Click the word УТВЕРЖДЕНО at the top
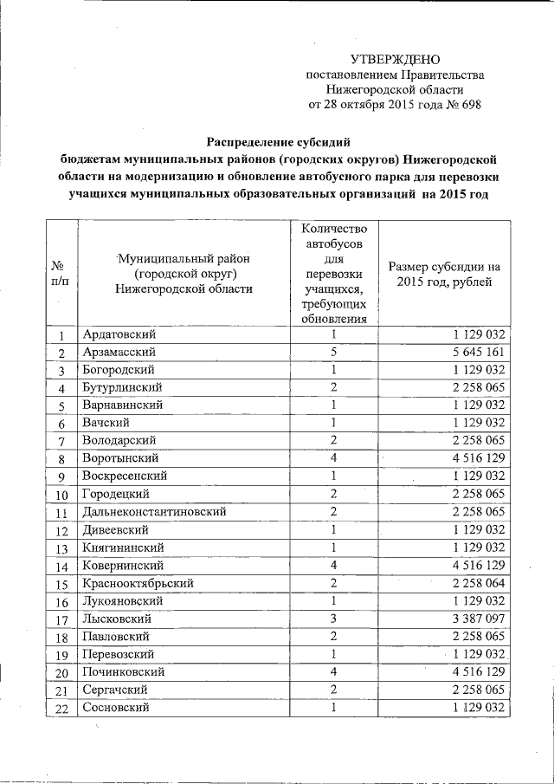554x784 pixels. click(395, 59)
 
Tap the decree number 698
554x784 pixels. click(468, 105)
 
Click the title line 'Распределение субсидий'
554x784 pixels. click(280, 141)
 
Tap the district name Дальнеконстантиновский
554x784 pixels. click(154, 512)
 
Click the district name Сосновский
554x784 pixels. click(117, 709)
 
